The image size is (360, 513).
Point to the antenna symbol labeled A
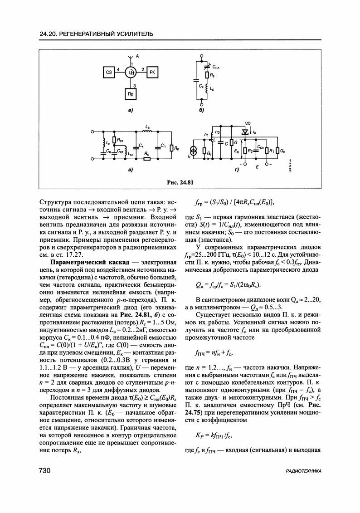coord(131,56)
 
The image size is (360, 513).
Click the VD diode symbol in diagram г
coord(247,132)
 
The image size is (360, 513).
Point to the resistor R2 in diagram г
coord(245,151)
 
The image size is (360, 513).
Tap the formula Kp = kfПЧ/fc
coord(215,435)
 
